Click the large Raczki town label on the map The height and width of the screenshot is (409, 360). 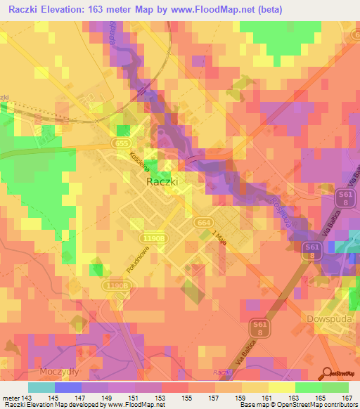(x=162, y=181)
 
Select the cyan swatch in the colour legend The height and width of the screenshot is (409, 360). (x=41, y=387)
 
